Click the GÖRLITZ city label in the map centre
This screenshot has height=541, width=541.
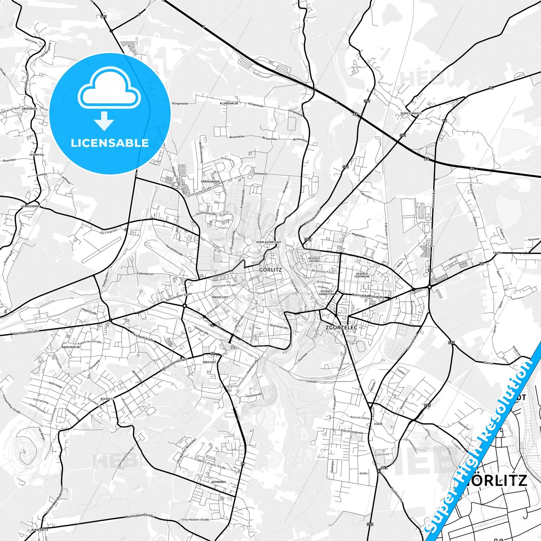coord(270,269)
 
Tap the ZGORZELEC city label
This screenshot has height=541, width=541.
coord(341,327)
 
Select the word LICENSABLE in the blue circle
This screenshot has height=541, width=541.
coord(110,143)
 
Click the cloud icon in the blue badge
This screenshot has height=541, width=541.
coord(109,88)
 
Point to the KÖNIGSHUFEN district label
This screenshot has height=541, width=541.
coord(210,182)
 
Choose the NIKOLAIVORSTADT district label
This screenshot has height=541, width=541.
coord(269,242)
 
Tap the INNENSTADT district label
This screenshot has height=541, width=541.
coord(220,297)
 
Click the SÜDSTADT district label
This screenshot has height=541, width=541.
coord(209,362)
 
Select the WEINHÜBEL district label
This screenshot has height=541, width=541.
coord(219,481)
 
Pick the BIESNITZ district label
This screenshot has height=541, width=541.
coord(107,399)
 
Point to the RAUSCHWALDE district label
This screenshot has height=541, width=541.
coord(71,347)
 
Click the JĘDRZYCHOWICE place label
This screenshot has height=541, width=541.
coord(411,113)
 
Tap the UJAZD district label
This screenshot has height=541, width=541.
coord(377,424)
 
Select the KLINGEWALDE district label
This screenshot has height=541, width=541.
coord(229,103)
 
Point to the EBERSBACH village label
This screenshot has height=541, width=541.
coord(30,108)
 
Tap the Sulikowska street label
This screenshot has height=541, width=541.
coord(397,495)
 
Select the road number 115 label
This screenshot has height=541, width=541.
coord(103,17)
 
